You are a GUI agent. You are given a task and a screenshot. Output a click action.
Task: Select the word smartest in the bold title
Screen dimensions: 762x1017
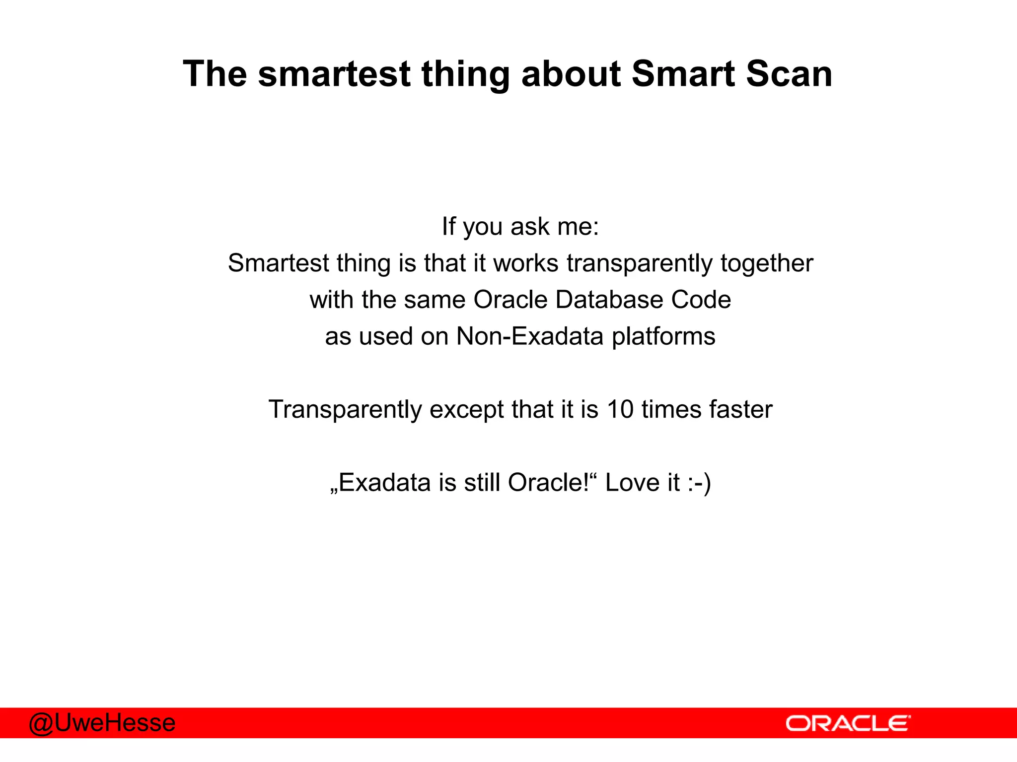click(334, 74)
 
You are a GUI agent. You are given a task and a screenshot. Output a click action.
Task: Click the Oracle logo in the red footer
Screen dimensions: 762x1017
click(848, 723)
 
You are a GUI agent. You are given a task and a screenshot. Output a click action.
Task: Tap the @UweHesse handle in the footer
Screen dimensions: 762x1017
click(102, 723)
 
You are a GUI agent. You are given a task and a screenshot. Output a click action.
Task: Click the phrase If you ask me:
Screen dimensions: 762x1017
click(520, 227)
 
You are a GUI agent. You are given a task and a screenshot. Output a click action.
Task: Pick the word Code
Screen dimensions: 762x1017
click(701, 300)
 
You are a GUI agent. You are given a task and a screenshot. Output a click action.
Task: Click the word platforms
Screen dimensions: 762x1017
click(663, 336)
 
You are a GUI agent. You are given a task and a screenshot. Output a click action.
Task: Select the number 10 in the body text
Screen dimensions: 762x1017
click(620, 410)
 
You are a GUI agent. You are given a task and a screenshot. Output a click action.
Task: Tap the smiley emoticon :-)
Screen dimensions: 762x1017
click(699, 483)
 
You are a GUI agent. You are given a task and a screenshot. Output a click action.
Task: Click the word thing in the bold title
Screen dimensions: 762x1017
click(465, 74)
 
